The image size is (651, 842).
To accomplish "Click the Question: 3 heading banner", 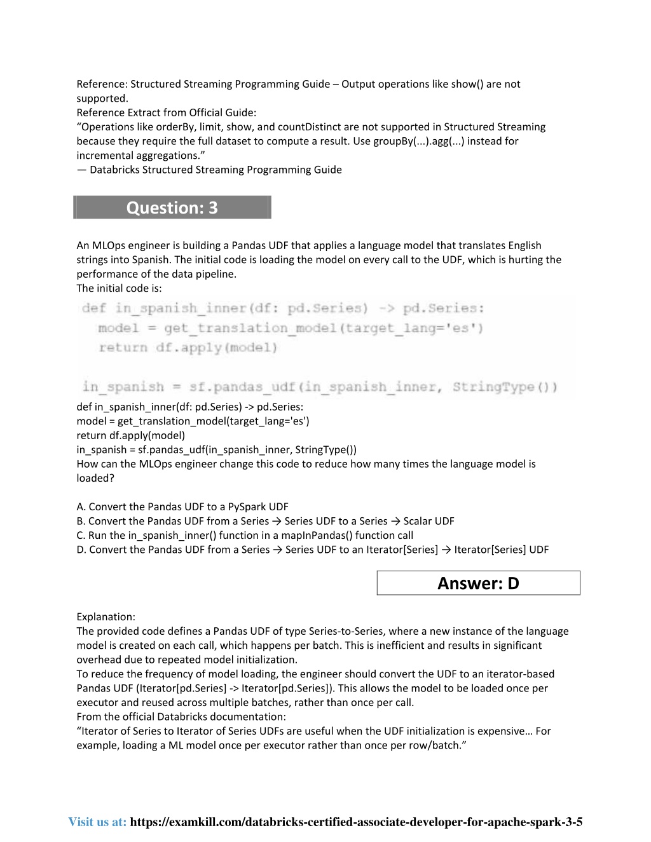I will coord(172,208).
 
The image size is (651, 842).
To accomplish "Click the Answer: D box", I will coord(478,583).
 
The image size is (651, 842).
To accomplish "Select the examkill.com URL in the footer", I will coord(356,822).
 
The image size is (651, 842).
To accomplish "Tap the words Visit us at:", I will coord(97,822).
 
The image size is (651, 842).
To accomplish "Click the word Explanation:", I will coord(106,616).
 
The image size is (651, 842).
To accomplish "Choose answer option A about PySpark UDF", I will coord(182,506).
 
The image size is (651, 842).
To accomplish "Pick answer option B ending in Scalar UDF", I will coord(265,521).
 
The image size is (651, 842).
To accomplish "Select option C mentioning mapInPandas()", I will coord(245,535).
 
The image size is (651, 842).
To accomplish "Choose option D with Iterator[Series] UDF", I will coord(312,550).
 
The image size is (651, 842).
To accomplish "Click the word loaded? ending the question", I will coord(95,478).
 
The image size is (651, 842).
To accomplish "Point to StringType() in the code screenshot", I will coord(505,387).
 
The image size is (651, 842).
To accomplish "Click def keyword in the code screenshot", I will coord(94,308).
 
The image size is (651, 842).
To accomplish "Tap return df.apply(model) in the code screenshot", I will coord(188,348).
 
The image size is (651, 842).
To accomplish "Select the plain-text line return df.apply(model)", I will coord(130,435).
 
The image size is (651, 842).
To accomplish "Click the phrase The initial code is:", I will coord(119,288).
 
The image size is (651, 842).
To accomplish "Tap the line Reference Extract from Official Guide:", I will coord(166,112).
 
